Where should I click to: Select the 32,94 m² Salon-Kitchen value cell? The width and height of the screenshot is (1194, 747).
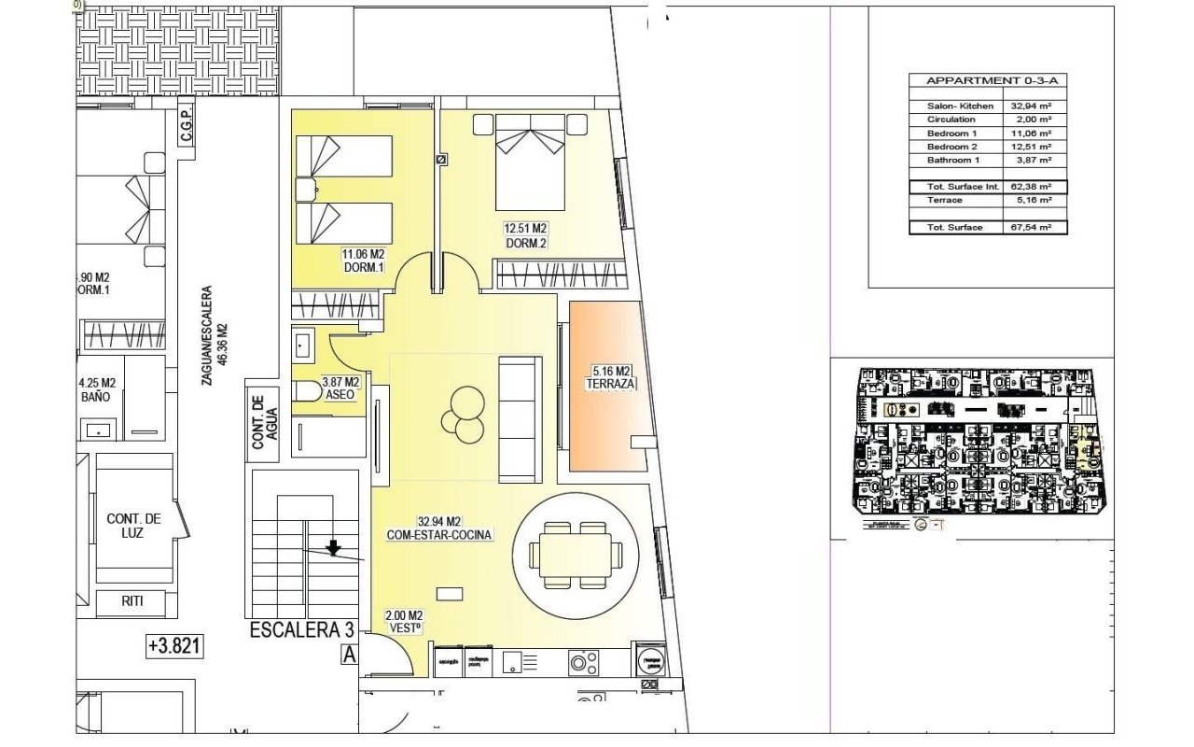(1034, 106)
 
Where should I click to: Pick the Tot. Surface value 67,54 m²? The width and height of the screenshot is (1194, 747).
(1034, 228)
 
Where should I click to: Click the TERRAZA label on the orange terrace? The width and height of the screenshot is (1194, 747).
(612, 384)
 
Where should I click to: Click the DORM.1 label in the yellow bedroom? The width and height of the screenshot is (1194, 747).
(365, 268)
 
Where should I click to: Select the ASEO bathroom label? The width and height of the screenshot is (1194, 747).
(340, 396)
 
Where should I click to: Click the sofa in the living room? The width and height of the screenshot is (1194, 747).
(520, 404)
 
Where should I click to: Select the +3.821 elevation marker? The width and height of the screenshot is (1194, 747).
(174, 645)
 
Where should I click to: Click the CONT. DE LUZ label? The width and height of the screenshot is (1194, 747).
(134, 525)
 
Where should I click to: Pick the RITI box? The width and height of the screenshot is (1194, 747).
(132, 601)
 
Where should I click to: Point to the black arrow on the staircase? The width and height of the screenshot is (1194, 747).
(333, 548)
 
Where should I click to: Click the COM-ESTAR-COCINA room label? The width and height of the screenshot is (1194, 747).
(439, 535)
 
